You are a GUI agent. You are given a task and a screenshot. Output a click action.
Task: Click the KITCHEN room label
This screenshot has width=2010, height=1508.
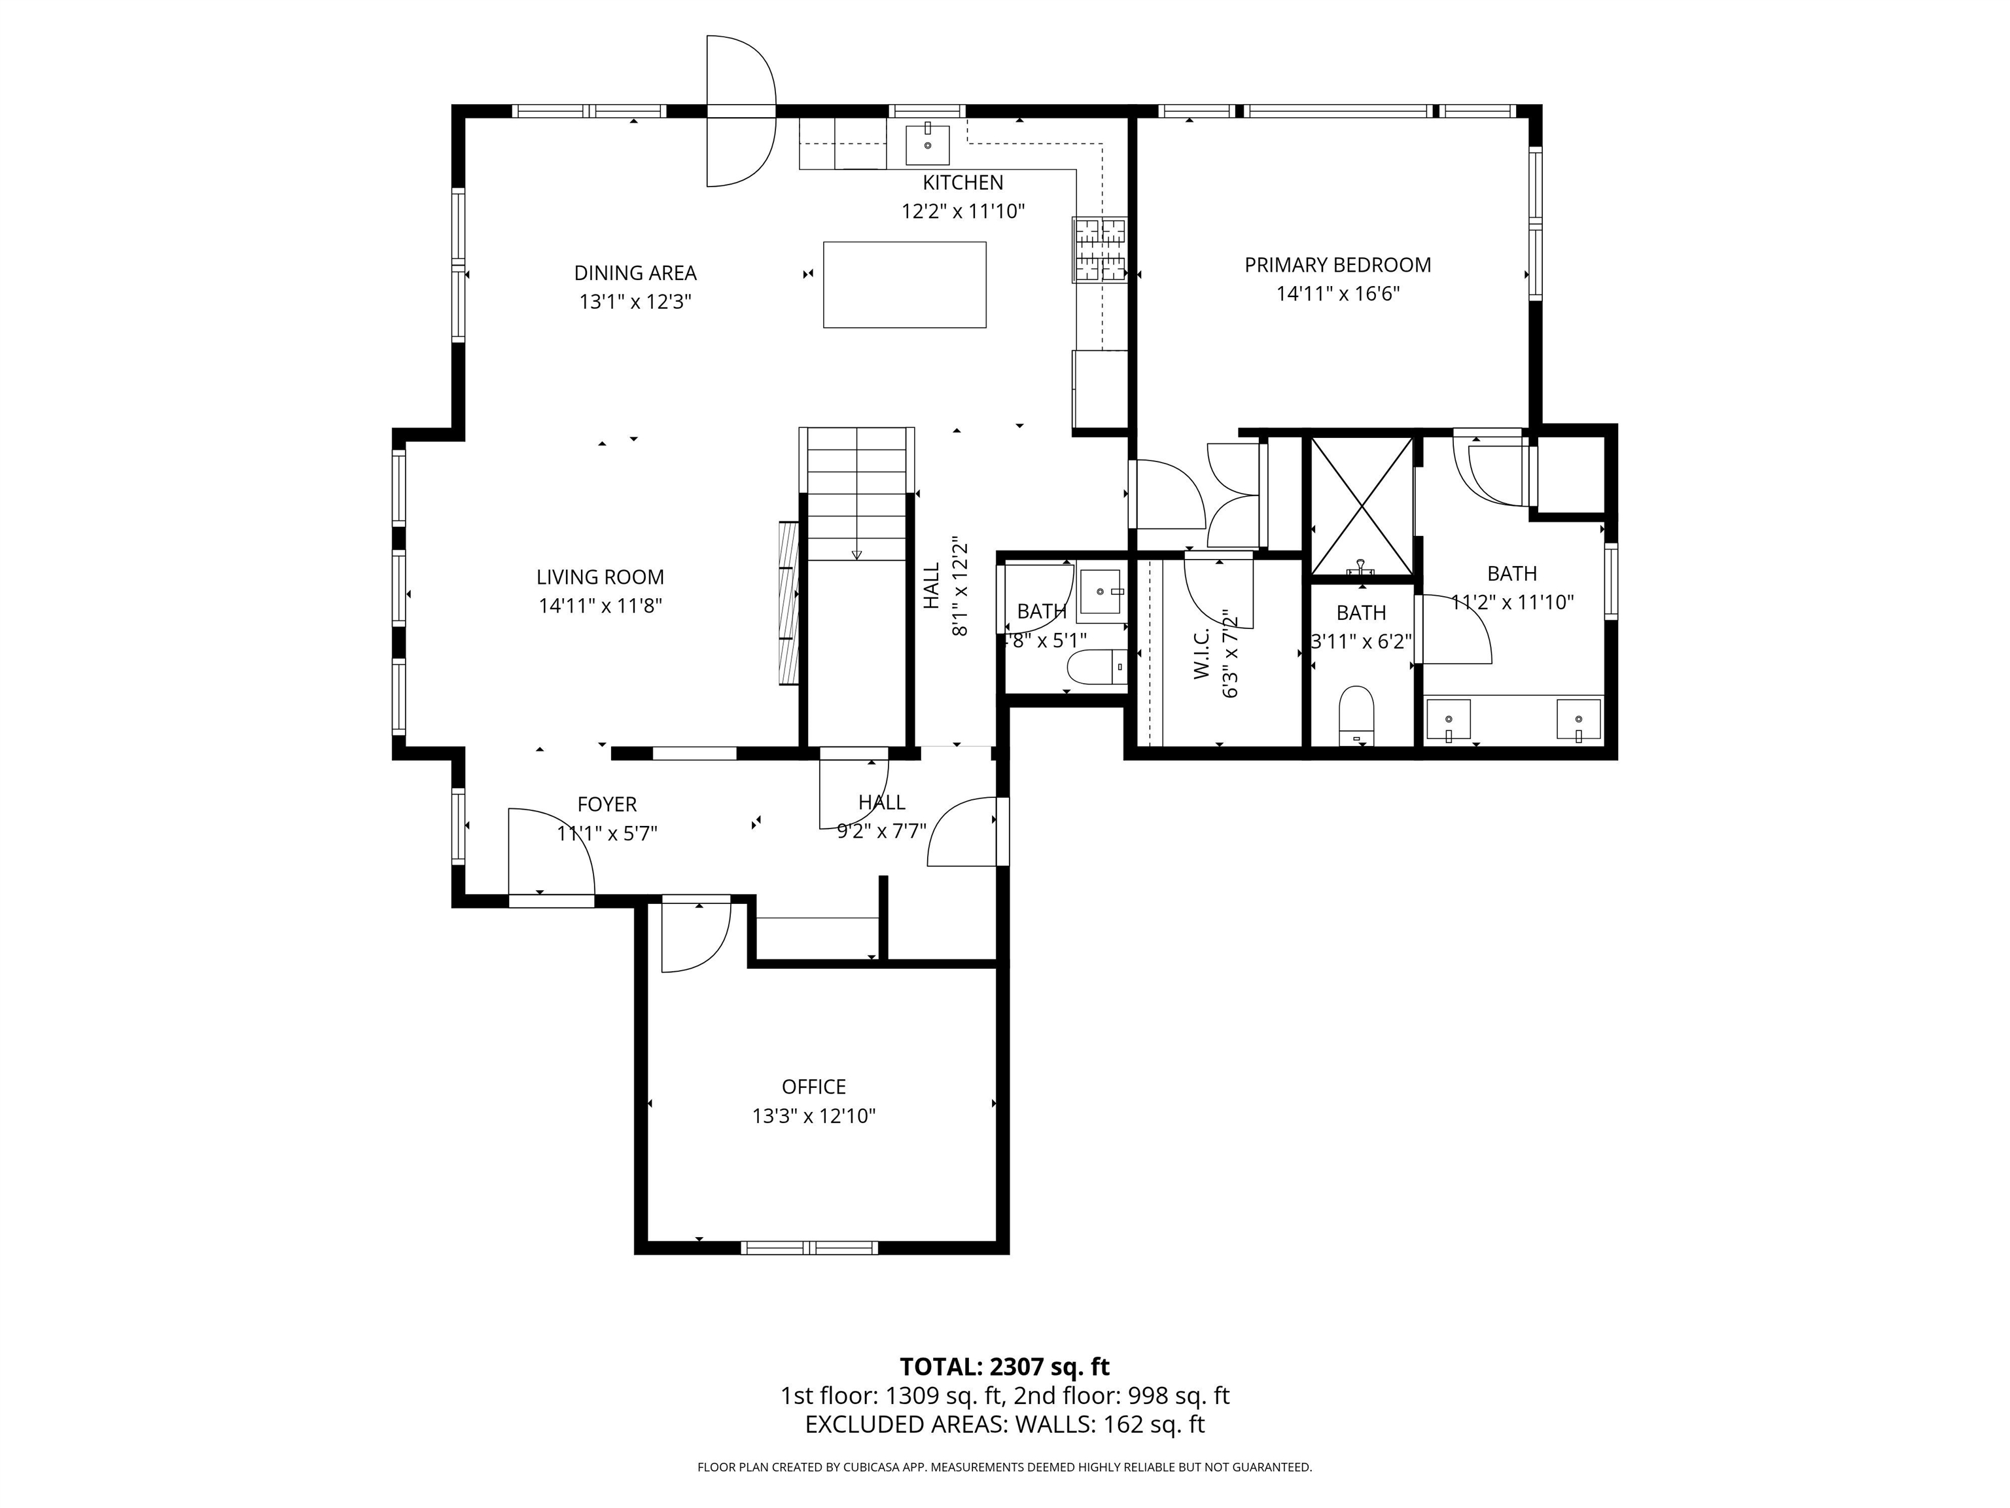point(962,183)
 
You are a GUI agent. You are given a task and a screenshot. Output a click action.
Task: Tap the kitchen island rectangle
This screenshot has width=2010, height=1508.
point(904,285)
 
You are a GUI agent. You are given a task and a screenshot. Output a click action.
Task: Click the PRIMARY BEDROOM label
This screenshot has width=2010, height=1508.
point(1337,266)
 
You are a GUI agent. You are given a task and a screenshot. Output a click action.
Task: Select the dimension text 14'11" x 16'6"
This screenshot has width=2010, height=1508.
point(1337,295)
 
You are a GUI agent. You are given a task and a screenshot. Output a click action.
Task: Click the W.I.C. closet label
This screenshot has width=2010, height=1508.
point(1201,653)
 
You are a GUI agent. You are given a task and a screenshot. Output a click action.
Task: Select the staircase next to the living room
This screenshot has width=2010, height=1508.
point(857,495)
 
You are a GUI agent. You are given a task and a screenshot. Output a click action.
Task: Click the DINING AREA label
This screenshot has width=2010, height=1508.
point(635,273)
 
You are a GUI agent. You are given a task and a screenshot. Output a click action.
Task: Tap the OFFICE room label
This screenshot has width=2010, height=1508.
point(813,1087)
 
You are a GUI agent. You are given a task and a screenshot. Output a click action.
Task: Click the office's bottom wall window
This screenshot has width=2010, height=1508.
point(809,1247)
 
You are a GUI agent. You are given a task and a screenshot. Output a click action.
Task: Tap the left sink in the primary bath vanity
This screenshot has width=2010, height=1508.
point(1447,720)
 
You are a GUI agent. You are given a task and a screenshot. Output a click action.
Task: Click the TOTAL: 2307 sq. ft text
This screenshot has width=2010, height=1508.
point(1004,1366)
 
